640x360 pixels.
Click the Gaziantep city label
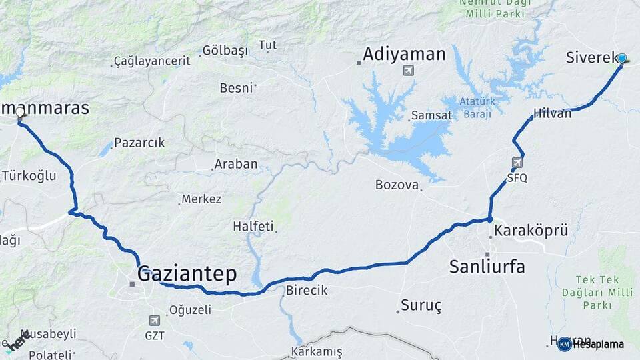187,273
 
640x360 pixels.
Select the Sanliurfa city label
487,267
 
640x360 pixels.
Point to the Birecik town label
307,291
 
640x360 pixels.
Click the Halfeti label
253,227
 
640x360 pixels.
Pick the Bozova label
397,185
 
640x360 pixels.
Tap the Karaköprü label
531,231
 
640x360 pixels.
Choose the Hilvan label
553,113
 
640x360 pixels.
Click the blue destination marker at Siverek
622,59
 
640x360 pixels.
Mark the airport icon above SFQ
518,162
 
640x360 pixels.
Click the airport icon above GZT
155,320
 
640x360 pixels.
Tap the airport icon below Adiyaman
408,71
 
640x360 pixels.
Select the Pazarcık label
139,143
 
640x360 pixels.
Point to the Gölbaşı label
225,51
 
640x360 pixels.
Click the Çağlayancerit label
153,61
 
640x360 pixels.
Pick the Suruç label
421,306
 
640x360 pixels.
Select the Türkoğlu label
29,176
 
